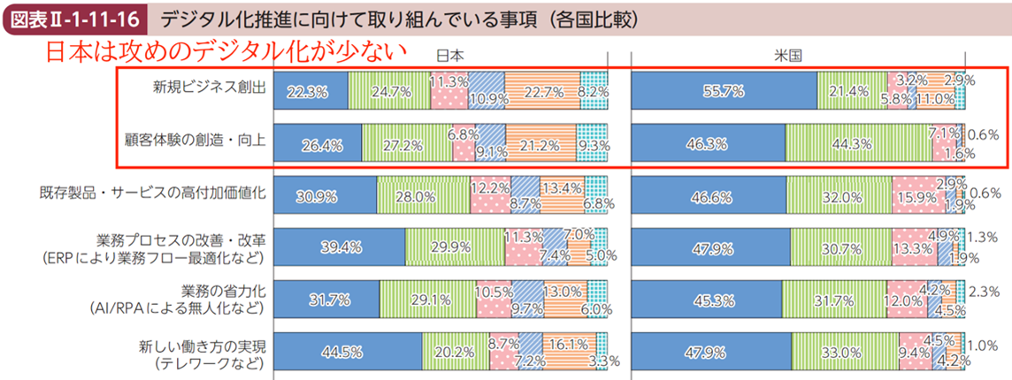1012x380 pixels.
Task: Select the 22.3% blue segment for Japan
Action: point(310,90)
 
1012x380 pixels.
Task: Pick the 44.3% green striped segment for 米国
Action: point(858,141)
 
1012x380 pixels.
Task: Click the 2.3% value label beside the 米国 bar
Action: point(985,290)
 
